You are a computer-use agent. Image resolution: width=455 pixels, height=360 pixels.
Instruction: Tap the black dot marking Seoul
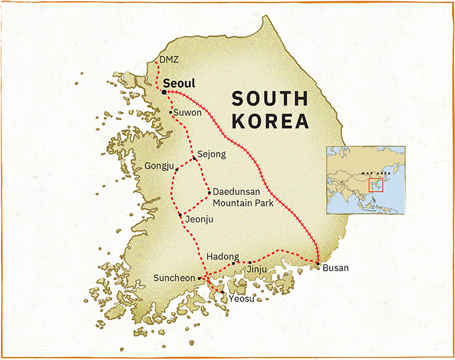tap(164, 92)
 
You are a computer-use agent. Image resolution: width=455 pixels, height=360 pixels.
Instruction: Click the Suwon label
tap(189, 112)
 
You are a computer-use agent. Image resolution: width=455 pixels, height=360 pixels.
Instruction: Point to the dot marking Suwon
tap(171, 112)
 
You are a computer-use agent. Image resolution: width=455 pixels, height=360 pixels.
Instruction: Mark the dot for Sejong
tap(195, 159)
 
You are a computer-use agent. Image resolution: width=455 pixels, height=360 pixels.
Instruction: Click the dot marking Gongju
tap(177, 169)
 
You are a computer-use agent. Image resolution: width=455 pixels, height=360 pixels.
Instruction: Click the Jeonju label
tap(199, 219)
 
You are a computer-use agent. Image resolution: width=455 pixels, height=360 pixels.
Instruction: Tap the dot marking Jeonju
tap(180, 215)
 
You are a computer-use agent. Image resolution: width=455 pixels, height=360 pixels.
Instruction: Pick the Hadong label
tap(222, 257)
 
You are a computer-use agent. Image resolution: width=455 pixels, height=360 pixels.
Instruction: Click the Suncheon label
tap(174, 278)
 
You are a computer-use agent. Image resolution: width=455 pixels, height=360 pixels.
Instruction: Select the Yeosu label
tap(241, 298)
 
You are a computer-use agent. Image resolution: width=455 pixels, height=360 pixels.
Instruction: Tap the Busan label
tap(335, 268)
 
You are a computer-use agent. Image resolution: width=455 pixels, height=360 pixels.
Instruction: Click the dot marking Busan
tap(318, 263)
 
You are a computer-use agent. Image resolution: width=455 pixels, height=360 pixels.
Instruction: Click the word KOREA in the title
tap(271, 121)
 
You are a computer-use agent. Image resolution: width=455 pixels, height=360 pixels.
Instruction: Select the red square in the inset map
tap(375, 185)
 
